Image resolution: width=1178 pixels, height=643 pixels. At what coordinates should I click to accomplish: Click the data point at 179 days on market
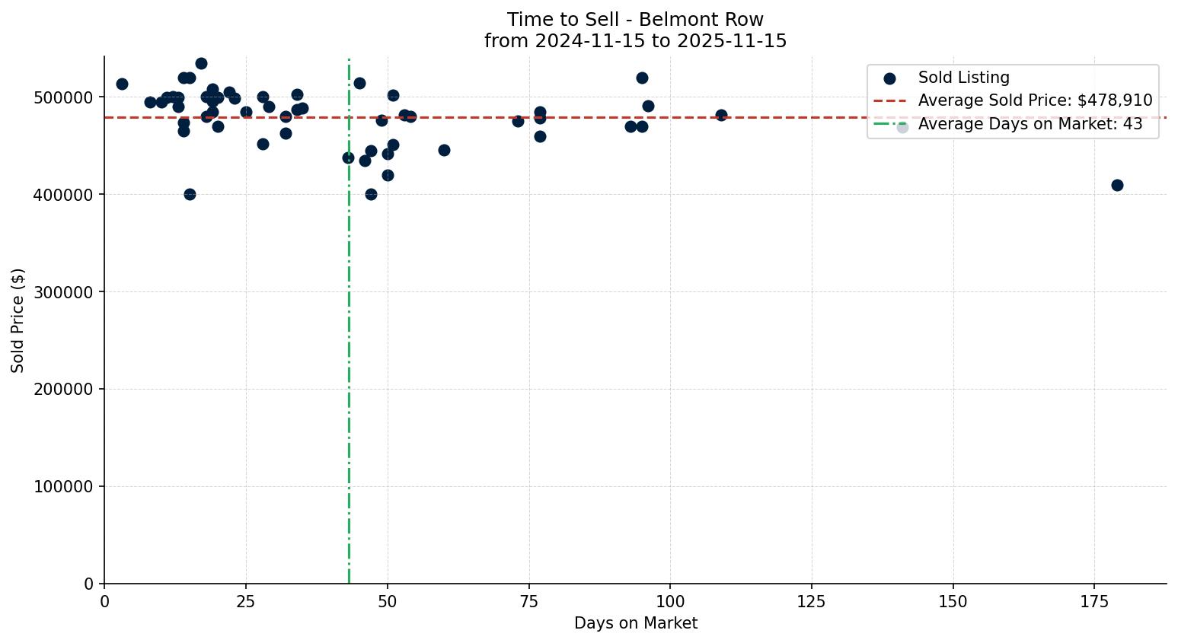(1117, 185)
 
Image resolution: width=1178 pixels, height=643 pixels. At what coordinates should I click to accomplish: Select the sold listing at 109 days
(721, 116)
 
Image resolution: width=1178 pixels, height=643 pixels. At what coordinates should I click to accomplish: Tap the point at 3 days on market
(122, 84)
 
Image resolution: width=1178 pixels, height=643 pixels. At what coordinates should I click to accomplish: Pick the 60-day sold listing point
(444, 150)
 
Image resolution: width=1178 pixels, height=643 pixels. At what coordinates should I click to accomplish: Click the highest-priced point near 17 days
(201, 63)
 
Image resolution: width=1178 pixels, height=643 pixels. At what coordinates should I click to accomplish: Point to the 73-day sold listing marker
(518, 121)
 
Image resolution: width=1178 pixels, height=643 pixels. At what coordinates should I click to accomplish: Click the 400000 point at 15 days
(190, 194)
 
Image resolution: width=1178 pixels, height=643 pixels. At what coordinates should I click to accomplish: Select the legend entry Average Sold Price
(1035, 100)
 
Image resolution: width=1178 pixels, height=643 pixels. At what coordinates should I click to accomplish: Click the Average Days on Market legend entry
(1030, 124)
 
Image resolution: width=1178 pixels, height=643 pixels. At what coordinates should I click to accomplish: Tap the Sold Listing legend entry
(963, 78)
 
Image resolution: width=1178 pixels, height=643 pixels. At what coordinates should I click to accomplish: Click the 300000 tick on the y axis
(65, 292)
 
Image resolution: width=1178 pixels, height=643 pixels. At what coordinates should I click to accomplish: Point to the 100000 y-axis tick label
(65, 487)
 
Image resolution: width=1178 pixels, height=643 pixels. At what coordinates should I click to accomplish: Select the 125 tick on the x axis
(812, 602)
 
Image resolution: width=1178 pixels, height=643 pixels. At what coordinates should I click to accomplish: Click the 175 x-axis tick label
(1094, 602)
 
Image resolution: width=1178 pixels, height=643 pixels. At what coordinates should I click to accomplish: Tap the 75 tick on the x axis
(528, 602)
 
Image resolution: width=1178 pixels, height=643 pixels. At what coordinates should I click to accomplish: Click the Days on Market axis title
(635, 623)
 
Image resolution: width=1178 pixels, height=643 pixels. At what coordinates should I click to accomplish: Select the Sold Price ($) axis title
(18, 320)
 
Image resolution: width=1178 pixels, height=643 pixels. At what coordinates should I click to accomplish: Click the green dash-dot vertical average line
(349, 380)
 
